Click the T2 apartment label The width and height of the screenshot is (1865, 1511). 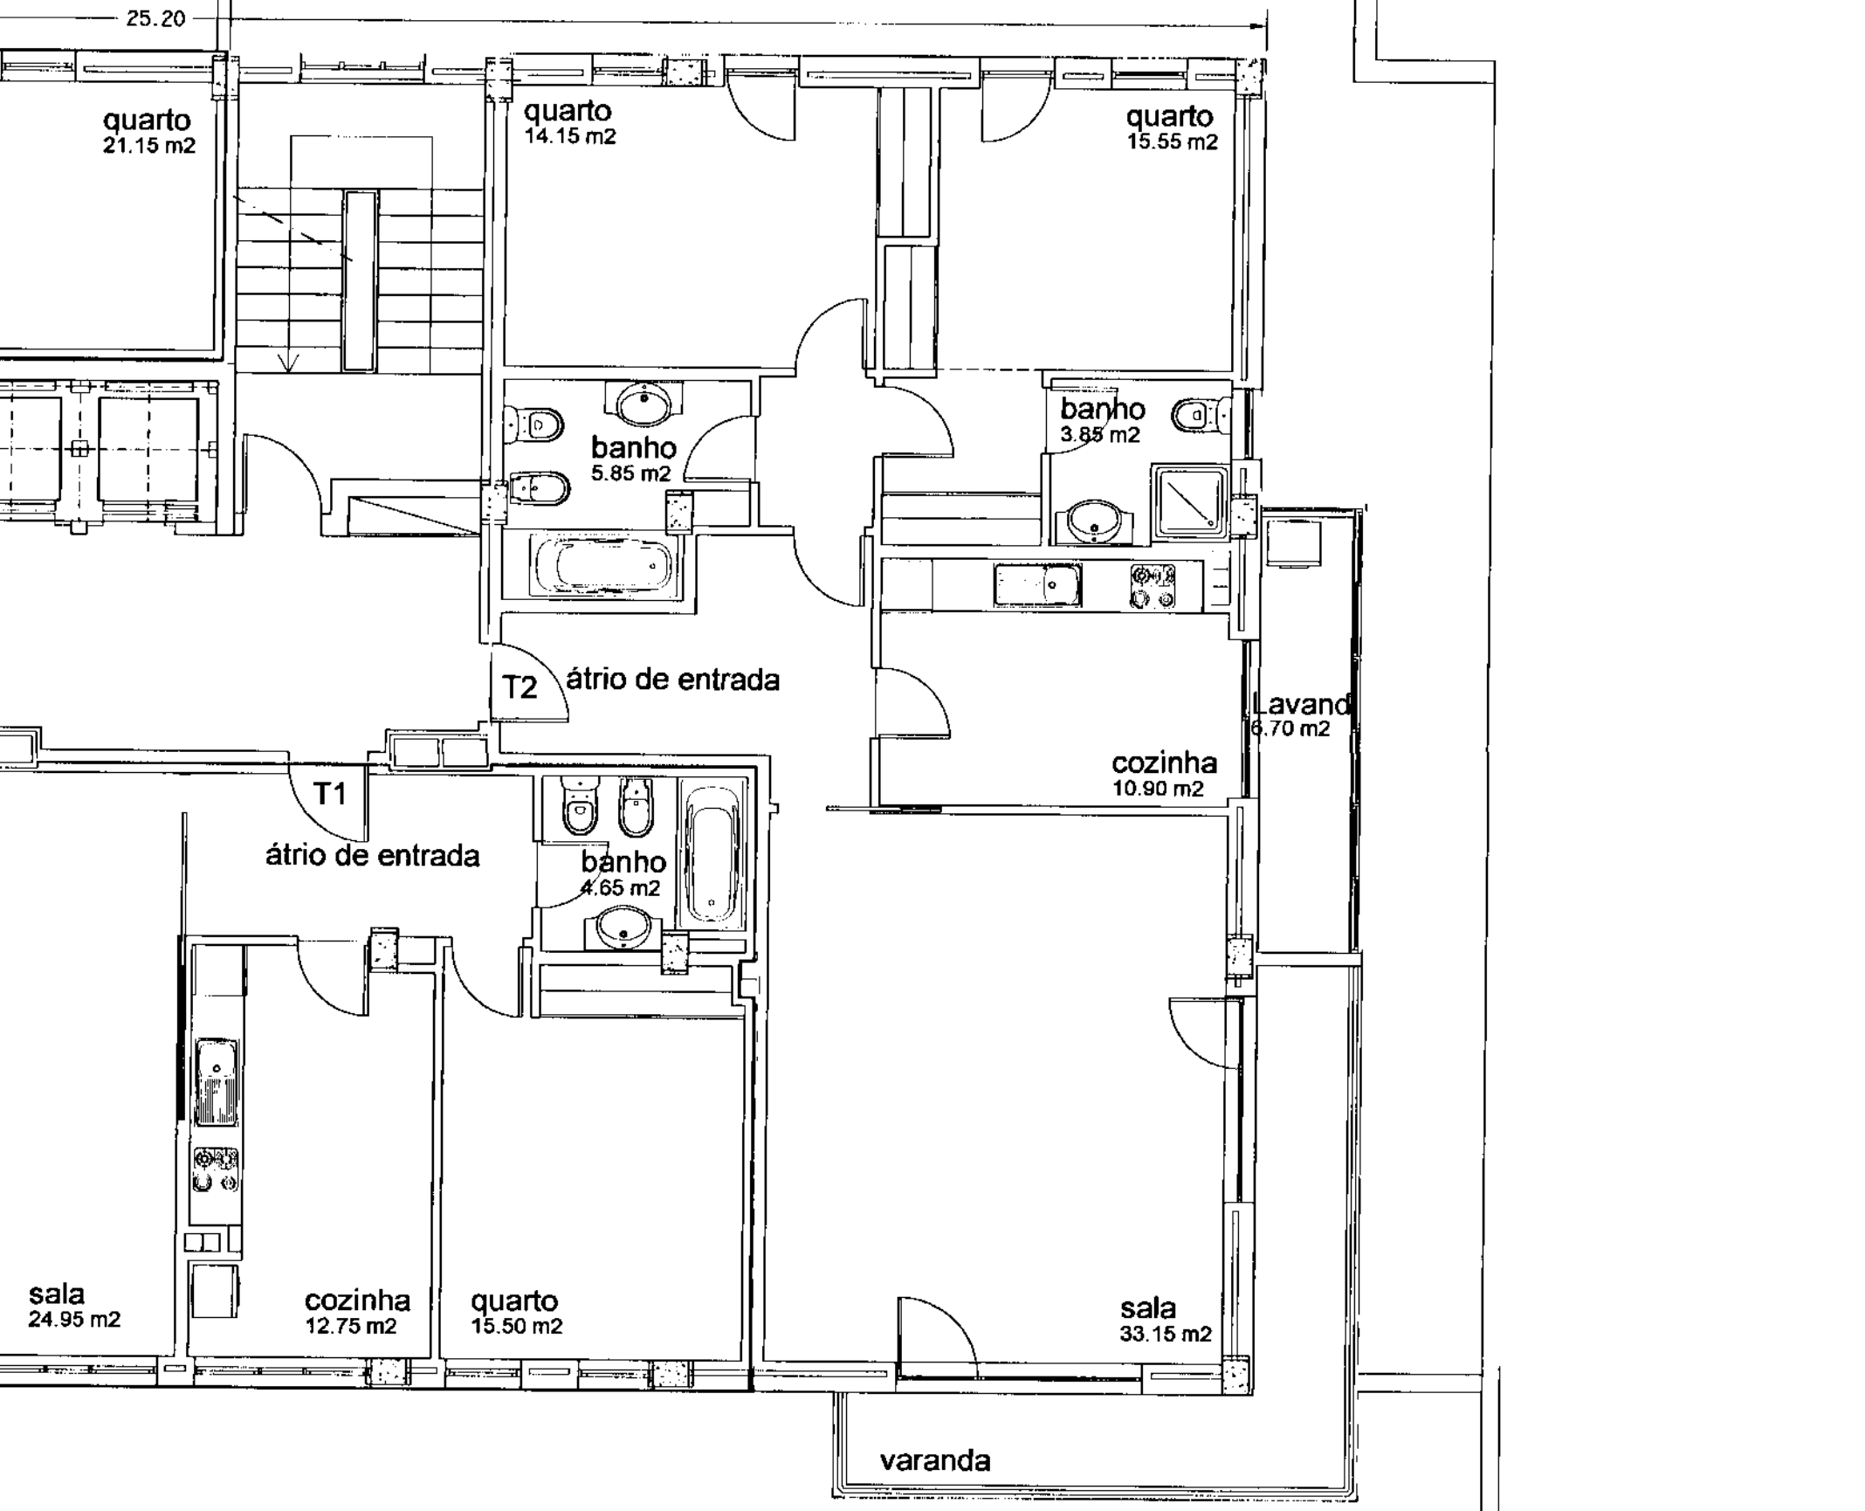tap(520, 687)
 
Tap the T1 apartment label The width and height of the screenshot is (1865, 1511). tap(330, 793)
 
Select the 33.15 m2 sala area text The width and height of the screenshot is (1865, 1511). tap(1165, 1334)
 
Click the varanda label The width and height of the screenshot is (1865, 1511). tap(934, 1460)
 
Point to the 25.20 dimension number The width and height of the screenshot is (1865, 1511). tap(155, 18)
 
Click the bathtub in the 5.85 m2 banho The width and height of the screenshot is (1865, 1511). tap(602, 566)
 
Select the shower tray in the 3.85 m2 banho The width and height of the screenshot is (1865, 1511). tap(1190, 501)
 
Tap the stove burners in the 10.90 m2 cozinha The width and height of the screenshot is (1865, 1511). tap(1153, 585)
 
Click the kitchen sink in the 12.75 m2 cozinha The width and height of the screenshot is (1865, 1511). tap(216, 1081)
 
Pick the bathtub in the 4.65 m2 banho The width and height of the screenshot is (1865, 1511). tap(712, 854)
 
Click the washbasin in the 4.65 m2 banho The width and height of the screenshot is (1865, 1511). tap(623, 927)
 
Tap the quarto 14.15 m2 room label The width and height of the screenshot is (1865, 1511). tap(568, 121)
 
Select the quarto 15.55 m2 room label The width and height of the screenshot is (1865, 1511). tap(1170, 128)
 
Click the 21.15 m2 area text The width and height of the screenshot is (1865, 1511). tap(149, 146)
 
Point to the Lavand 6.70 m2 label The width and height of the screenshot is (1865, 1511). tap(1299, 714)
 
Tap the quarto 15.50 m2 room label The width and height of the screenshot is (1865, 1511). tap(516, 1312)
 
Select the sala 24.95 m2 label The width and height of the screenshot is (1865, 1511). tap(73, 1306)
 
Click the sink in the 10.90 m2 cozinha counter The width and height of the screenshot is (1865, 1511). tap(1037, 584)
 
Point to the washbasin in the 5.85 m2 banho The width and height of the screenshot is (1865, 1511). tap(644, 403)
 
